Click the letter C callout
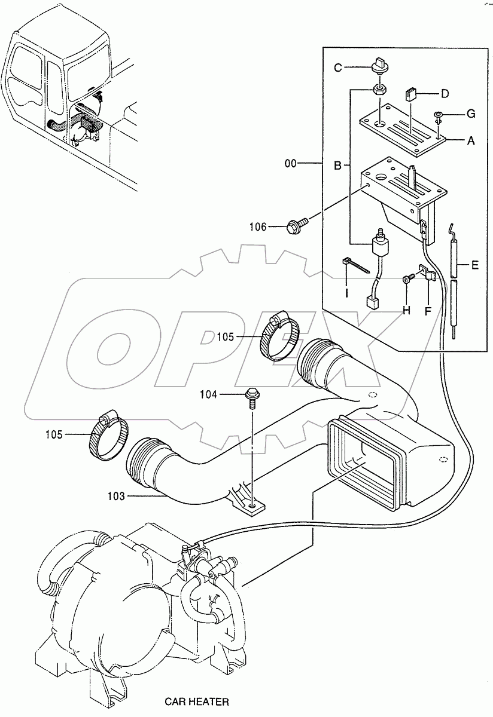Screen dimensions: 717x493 pos(338,68)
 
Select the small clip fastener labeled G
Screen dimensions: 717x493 pos(439,116)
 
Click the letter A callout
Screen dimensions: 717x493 pos(471,141)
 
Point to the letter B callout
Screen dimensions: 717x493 pos(337,166)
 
